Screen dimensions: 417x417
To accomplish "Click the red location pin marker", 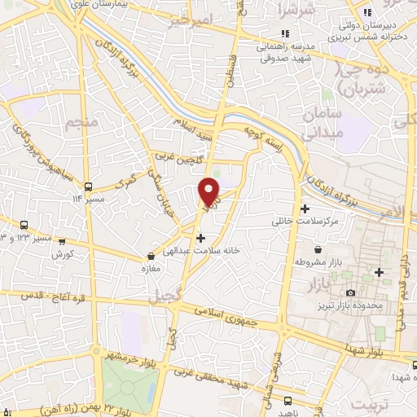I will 210,191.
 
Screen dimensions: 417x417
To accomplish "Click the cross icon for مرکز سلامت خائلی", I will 305,209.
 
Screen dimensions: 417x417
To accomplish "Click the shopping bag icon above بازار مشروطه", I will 316,249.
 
